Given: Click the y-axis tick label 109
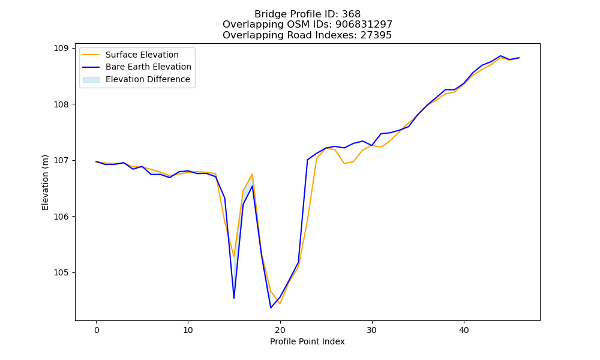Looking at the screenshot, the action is (x=62, y=48).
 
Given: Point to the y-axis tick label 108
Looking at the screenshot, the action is (x=62, y=104).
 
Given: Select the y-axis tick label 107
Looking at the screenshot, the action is (x=62, y=161).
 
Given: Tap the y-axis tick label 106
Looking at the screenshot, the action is (x=62, y=217).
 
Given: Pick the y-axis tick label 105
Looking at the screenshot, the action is (x=62, y=273).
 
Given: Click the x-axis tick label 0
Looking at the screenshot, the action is (x=97, y=330).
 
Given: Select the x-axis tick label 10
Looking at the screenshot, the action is (x=188, y=330).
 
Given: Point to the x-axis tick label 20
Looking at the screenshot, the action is (x=280, y=330).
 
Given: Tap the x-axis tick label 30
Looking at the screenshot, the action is (x=372, y=330).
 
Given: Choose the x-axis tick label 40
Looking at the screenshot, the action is (x=464, y=330).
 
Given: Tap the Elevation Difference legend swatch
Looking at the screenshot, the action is (x=91, y=80).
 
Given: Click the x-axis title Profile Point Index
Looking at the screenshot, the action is (x=307, y=341).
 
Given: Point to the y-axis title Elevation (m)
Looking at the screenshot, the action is (x=45, y=182).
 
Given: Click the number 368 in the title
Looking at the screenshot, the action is (x=351, y=14).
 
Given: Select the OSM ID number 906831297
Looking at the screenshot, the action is (x=364, y=25).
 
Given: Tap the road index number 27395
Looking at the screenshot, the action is (x=376, y=35).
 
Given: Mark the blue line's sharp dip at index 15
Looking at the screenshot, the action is (x=234, y=298).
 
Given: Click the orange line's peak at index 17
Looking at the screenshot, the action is (x=252, y=174).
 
